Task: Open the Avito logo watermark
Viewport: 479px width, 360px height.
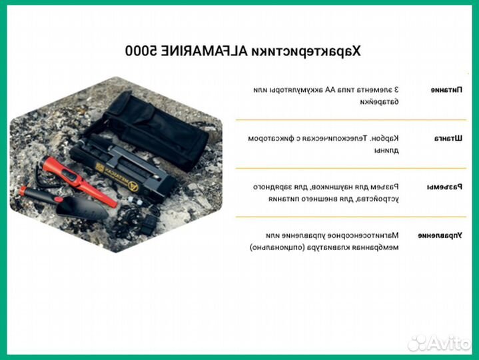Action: [x=440, y=343]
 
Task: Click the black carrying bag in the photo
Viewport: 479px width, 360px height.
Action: [x=157, y=127]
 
